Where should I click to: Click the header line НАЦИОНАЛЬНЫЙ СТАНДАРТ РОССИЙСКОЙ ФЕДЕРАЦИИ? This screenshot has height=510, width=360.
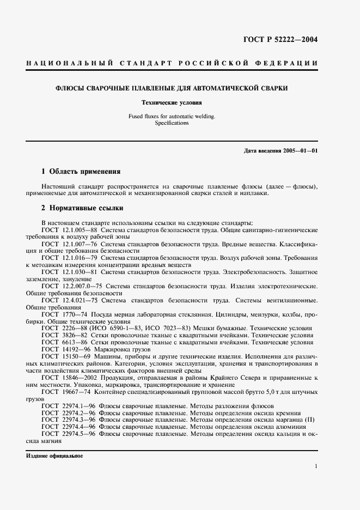(172, 63)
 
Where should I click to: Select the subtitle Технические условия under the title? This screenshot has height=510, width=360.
(172, 102)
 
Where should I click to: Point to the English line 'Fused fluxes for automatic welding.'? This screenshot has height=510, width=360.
(172, 116)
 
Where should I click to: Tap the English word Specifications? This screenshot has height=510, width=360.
(172, 123)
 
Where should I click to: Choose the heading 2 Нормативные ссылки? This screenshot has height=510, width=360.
(82, 208)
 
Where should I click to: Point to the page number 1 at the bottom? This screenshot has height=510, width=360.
(316, 466)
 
